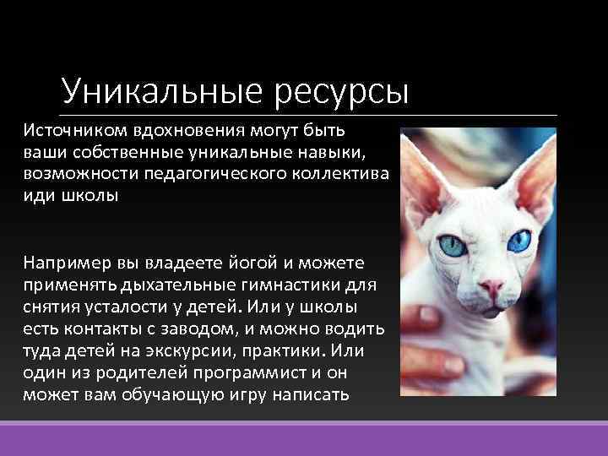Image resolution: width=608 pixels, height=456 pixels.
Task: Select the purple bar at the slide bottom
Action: (304, 439)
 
